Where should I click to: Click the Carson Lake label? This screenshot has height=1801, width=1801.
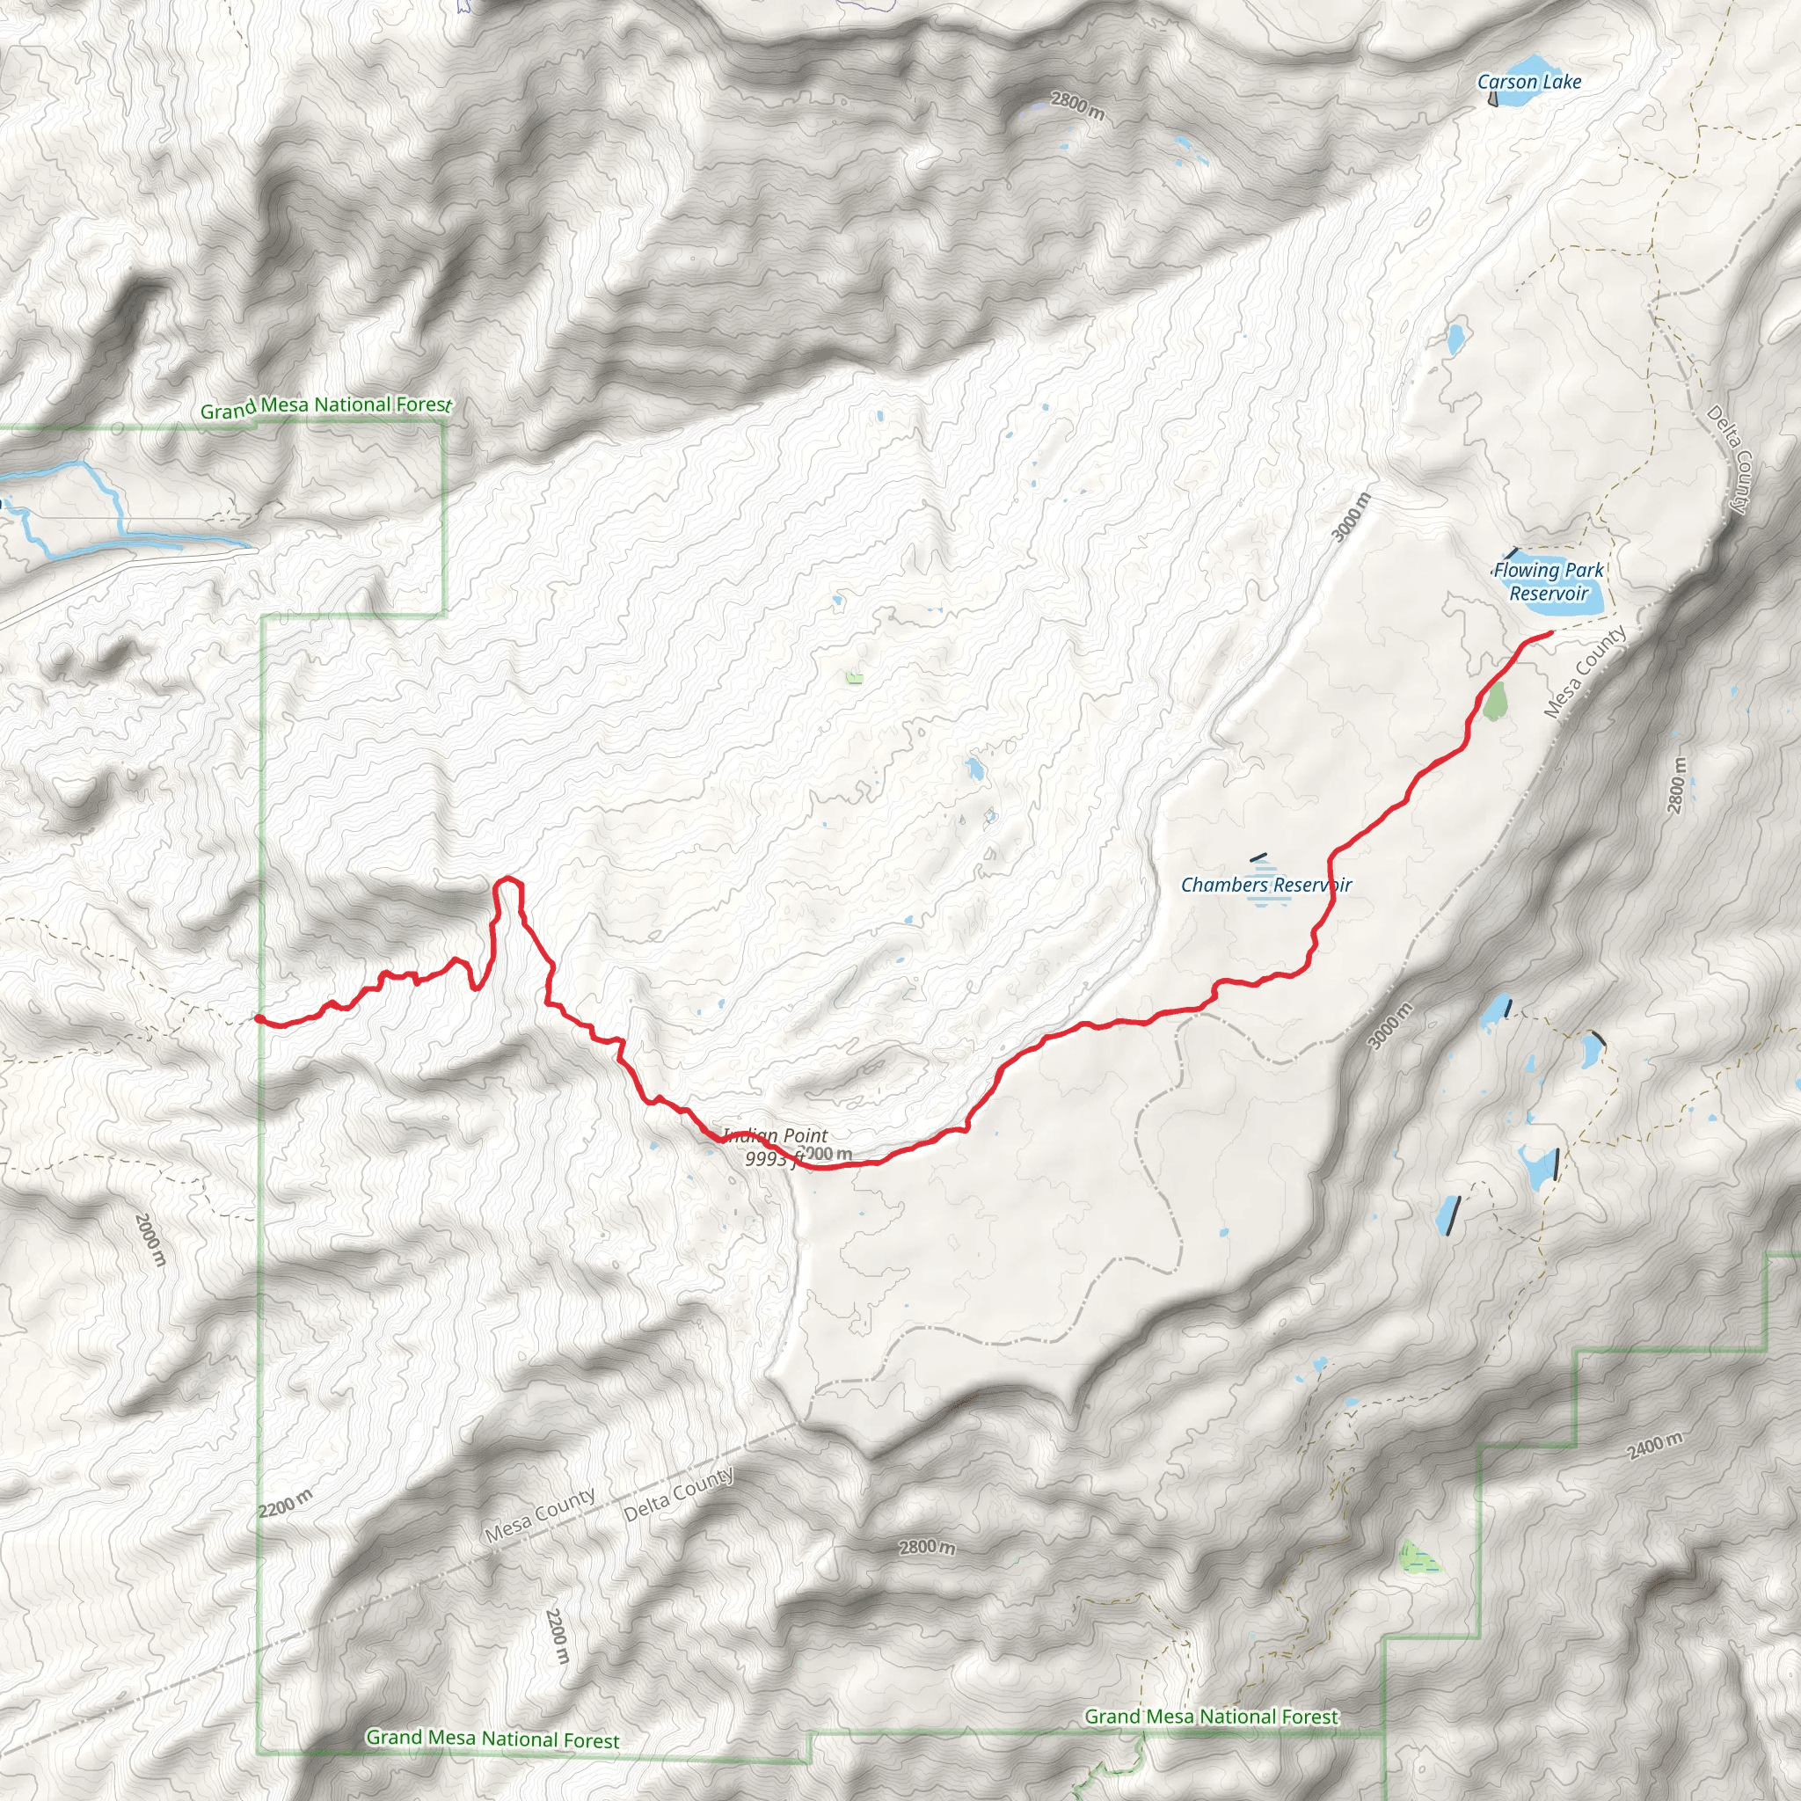(1528, 82)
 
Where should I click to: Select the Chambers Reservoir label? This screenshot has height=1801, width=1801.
(1265, 885)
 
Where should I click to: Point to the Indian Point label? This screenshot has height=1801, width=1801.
(775, 1135)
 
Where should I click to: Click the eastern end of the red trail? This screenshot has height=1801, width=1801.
(1550, 633)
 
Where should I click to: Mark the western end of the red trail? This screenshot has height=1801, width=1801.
(259, 1019)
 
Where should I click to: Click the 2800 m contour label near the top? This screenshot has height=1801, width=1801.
(1076, 106)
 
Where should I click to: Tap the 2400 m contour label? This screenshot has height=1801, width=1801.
(1655, 1446)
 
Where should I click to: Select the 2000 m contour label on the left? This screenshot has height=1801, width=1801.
(149, 1240)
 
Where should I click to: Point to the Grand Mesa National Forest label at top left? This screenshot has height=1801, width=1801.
(325, 406)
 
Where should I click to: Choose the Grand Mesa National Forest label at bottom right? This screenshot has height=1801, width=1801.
(1211, 1717)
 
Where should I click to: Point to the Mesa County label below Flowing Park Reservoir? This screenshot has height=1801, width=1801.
(1584, 671)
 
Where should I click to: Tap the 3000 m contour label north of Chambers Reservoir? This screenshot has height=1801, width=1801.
(1352, 517)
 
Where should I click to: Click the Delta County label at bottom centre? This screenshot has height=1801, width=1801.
(679, 1494)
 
